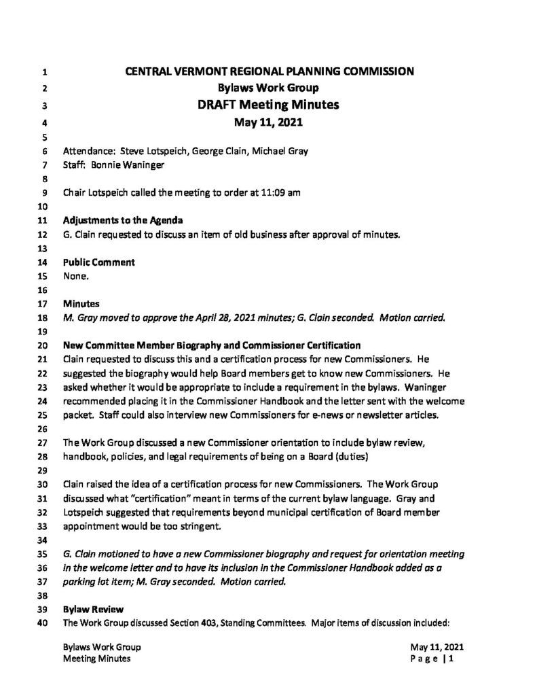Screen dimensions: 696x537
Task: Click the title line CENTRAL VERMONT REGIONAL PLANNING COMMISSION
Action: click(268, 72)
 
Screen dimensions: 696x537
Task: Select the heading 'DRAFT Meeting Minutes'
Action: click(268, 105)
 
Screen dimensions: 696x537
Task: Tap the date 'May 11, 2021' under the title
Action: click(268, 123)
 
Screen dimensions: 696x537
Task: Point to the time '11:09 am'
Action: click(278, 192)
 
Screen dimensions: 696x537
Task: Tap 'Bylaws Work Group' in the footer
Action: click(102, 647)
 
